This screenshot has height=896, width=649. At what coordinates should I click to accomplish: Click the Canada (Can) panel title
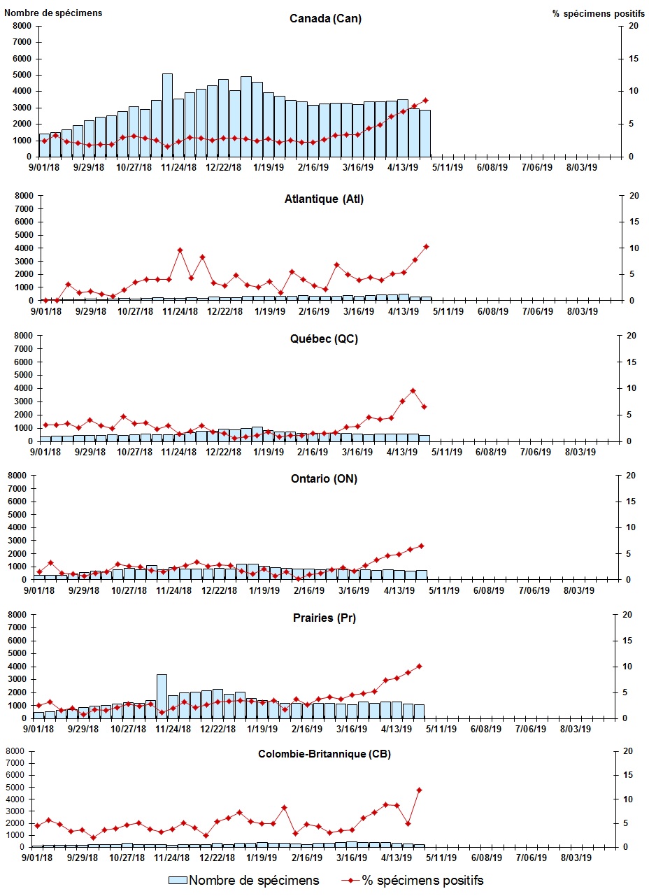click(325, 18)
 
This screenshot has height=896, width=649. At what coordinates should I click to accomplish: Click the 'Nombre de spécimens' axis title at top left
click(53, 13)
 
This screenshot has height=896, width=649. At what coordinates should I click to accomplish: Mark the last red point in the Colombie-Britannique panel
click(419, 790)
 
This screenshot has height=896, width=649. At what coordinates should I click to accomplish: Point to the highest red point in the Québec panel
click(413, 391)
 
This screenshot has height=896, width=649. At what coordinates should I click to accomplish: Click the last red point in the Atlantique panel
click(426, 246)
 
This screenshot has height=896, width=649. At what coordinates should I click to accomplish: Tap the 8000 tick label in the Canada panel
click(22, 26)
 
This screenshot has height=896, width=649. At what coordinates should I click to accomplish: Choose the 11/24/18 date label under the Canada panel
click(179, 168)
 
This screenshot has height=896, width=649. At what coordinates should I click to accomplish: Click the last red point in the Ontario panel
click(421, 546)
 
